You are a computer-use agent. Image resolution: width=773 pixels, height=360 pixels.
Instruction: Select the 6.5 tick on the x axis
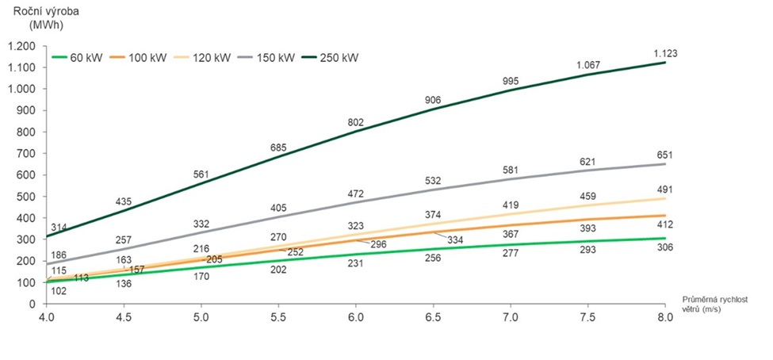point(434,317)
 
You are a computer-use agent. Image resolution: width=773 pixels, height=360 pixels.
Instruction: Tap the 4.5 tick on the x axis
point(124,317)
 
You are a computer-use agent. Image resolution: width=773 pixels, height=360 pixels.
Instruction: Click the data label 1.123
point(665,53)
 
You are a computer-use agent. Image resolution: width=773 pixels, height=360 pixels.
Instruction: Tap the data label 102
point(59,291)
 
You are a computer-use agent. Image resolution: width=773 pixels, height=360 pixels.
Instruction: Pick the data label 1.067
point(587,64)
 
